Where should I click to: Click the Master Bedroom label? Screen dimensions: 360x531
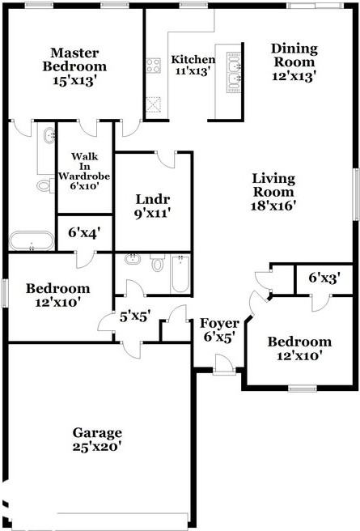pos(74,60)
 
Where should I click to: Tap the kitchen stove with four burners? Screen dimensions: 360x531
pos(153,66)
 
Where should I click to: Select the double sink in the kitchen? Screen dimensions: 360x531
pos(234,72)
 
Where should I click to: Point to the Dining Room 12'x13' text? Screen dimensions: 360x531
pos(294,62)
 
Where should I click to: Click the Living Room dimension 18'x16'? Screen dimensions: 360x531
pos(273,206)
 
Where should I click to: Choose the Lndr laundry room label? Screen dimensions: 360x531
pos(152,199)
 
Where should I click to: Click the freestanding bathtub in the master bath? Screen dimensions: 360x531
pos(32,240)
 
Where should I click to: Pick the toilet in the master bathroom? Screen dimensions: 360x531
pos(45,185)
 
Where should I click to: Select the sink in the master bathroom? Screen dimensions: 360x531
pos(49,135)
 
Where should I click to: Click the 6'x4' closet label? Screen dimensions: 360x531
pos(84,232)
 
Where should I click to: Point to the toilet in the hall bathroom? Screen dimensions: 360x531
pos(157,263)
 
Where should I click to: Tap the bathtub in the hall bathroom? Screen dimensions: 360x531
pos(180,274)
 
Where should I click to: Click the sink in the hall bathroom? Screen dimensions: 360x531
pos(133,259)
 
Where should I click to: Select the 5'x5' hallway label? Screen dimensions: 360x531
pos(135,316)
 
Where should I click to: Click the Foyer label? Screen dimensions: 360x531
pos(219,323)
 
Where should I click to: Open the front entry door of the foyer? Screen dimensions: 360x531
pos(224,364)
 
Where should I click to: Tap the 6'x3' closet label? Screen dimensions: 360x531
pos(324,278)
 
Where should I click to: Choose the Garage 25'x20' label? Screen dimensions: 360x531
pos(97,440)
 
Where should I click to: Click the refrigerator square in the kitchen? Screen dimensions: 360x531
pos(153,104)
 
